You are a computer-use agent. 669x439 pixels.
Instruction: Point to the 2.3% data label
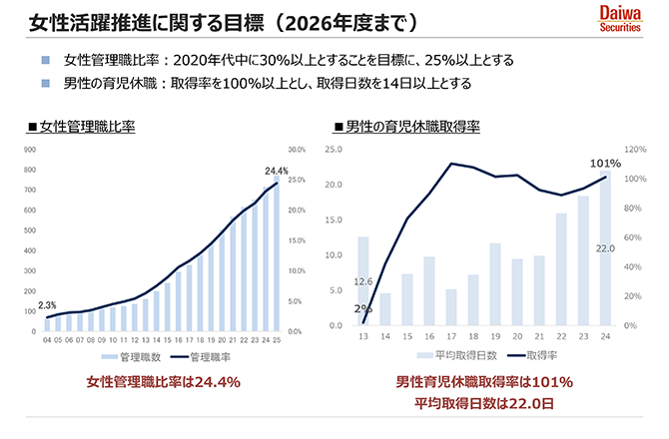pyautogui.click(x=46, y=304)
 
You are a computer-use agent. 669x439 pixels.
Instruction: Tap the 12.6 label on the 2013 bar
pyautogui.click(x=362, y=282)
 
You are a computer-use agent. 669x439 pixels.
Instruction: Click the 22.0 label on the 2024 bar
pyautogui.click(x=605, y=248)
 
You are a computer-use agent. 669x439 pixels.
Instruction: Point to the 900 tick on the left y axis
pyautogui.click(x=30, y=150)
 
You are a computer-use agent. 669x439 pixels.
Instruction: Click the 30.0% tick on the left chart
pyautogui.click(x=297, y=150)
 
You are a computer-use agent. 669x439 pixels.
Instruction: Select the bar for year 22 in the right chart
pyautogui.click(x=562, y=269)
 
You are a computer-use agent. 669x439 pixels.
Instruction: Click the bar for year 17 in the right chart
pyautogui.click(x=451, y=307)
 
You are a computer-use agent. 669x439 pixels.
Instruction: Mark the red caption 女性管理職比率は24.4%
pyautogui.click(x=164, y=382)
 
